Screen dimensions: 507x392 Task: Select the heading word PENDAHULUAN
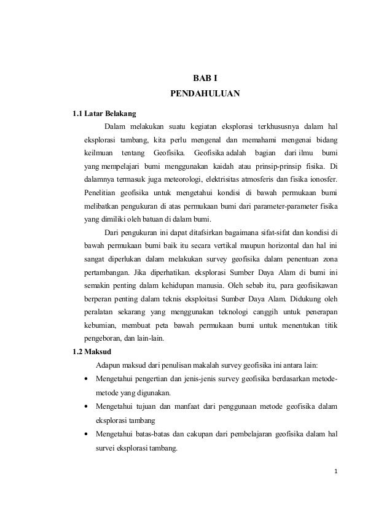click(x=205, y=95)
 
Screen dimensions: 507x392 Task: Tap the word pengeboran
click(x=104, y=339)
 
